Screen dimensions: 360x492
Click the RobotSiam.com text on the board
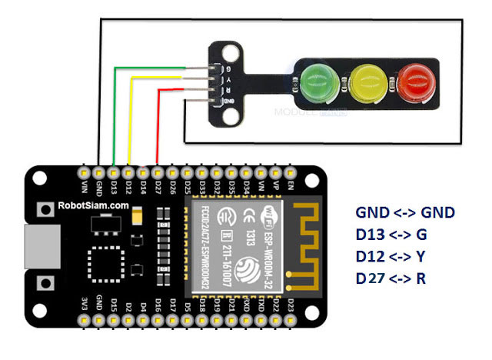point(93,206)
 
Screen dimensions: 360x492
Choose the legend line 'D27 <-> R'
point(391,277)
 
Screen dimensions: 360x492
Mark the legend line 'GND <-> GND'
point(404,212)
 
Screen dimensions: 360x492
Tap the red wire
point(158,127)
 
